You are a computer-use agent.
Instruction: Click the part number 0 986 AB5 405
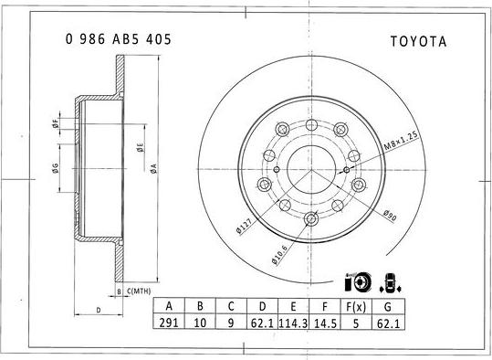click(118, 41)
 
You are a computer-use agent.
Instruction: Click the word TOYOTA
click(418, 42)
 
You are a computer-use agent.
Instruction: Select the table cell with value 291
click(168, 322)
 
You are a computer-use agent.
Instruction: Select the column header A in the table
click(168, 305)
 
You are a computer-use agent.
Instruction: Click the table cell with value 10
click(200, 322)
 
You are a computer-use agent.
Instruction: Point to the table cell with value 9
click(232, 322)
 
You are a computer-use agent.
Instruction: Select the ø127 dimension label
click(244, 225)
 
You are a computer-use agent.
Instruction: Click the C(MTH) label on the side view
click(139, 291)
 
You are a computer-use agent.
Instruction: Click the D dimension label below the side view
click(97, 311)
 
